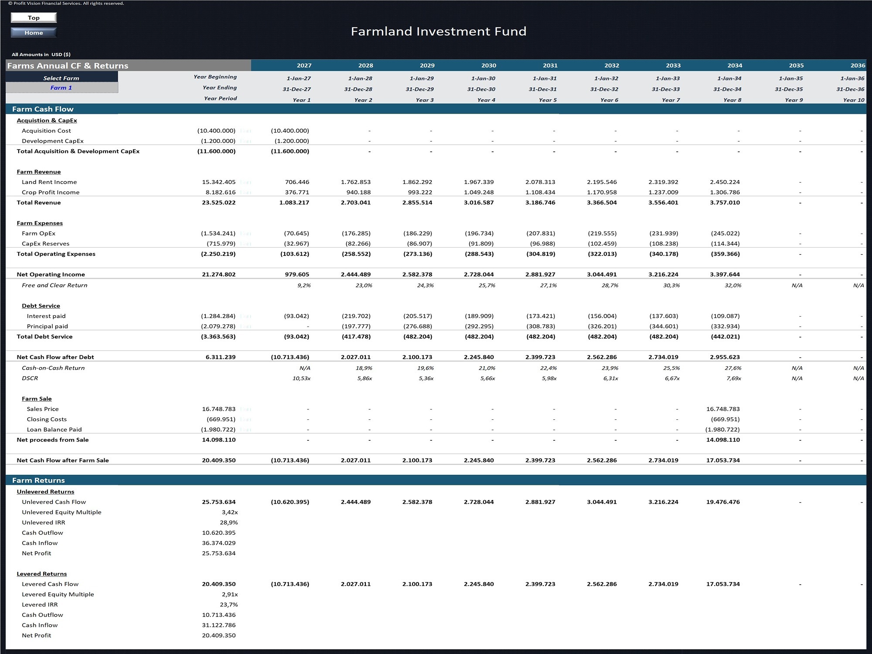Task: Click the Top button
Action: (34, 17)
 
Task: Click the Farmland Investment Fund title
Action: (439, 31)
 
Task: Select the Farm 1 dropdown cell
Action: (61, 88)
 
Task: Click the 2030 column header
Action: (489, 65)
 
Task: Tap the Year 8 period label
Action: (732, 100)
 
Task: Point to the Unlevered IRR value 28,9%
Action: (229, 522)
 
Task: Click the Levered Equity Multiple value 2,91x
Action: (230, 594)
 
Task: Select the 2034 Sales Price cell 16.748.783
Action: (723, 409)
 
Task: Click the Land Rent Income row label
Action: (49, 182)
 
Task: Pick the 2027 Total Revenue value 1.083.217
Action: (294, 202)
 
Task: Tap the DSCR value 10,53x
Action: (302, 378)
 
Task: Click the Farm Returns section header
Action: (38, 480)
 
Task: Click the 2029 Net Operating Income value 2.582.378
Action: (417, 274)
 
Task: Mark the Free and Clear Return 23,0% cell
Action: (364, 285)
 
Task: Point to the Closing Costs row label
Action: (47, 419)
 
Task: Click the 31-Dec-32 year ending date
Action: (604, 89)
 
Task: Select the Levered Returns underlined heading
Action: (42, 574)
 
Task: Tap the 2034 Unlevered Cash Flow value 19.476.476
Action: (723, 502)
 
